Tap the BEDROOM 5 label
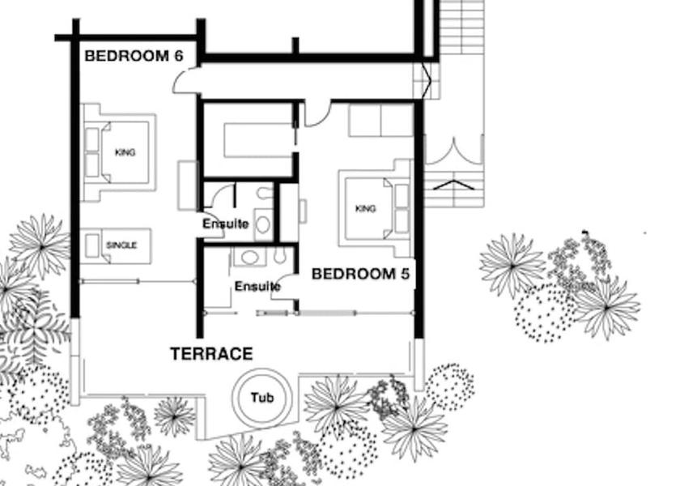[x=360, y=274]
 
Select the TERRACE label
[x=211, y=354]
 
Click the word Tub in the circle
[x=261, y=398]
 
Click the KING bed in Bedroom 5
[x=366, y=208]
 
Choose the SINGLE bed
[x=121, y=245]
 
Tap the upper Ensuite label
[x=225, y=224]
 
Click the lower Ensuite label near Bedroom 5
[x=257, y=286]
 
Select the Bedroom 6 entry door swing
[x=185, y=81]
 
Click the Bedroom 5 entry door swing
[x=316, y=113]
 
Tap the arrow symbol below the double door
[x=454, y=185]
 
